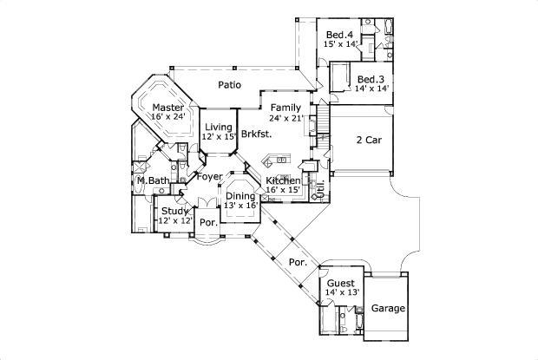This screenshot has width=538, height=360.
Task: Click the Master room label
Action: (168, 107)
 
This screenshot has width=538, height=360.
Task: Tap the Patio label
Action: (229, 85)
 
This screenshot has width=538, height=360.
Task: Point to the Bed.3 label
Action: (371, 79)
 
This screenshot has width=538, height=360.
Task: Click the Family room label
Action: (285, 108)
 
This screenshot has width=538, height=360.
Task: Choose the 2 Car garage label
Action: (371, 139)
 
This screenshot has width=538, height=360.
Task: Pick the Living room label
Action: (219, 128)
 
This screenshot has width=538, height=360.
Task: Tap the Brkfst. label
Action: (257, 134)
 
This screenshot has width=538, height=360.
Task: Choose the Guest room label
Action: (341, 283)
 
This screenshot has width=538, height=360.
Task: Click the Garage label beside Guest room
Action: (388, 308)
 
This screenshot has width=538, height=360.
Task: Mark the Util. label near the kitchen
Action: (319, 187)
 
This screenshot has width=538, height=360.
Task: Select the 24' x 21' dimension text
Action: (285, 118)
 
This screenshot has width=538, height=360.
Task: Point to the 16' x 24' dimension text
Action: (168, 116)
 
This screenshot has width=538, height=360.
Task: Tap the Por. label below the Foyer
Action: (207, 222)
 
